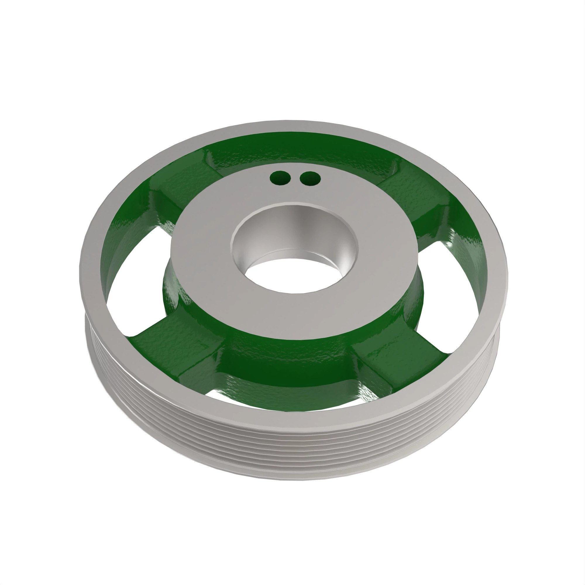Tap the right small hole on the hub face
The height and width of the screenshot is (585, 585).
tap(310, 179)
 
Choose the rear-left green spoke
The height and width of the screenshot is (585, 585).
tap(175, 185)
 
